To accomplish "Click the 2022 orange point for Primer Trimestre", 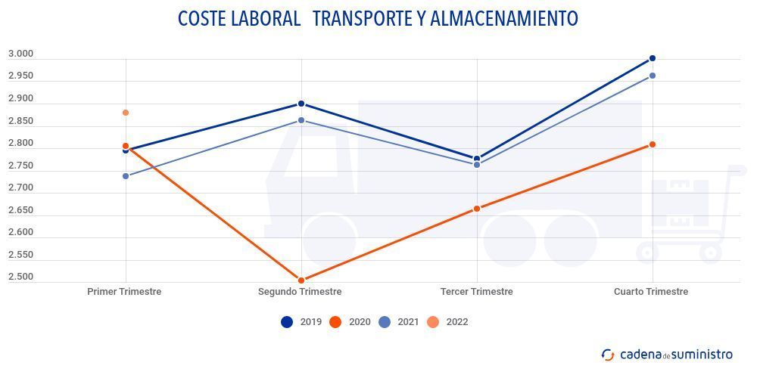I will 126,113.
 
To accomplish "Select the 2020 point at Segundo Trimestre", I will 301,280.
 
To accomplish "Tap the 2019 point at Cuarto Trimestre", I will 652,58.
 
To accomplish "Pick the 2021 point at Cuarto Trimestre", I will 652,76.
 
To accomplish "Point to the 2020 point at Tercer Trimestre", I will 477,209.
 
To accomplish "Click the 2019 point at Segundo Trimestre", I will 301,104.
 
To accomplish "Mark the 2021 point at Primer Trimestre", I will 126,176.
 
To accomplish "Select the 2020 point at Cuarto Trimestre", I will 652,144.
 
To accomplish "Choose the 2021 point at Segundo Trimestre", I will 301,120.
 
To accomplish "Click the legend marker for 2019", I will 287,322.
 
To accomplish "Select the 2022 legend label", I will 457,322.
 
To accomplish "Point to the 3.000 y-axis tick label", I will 20,54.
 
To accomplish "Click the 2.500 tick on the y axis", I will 20,277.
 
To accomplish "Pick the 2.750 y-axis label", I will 20,166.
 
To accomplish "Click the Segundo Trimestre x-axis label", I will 300,292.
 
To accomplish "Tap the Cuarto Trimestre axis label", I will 651,292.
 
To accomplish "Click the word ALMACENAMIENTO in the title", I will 504,18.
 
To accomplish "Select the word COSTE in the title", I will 202,18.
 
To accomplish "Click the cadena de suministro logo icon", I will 608,355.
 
